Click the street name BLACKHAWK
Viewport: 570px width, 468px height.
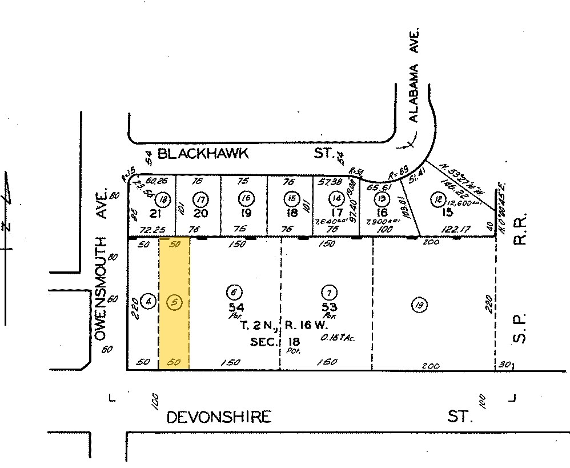[x=203, y=153]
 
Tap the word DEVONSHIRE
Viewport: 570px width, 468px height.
[x=219, y=417]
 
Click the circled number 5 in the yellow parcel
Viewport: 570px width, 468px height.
[x=174, y=301]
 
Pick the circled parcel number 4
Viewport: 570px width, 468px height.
[x=148, y=301]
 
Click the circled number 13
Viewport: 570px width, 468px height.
[x=380, y=199]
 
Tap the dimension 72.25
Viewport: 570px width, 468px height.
[x=148, y=229]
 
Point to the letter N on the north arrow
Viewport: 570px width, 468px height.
[x=7, y=225]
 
